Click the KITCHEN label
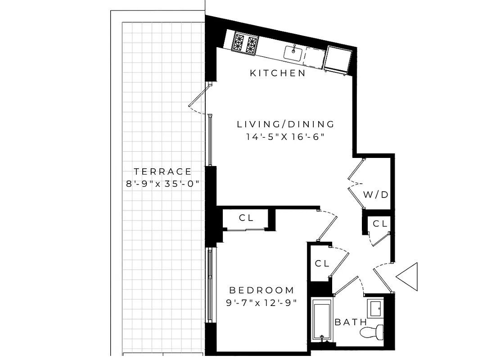[x=278, y=73]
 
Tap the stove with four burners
[x=246, y=43]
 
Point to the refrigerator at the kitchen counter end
[x=338, y=59]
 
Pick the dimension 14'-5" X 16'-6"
[x=285, y=137]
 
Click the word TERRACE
[x=162, y=171]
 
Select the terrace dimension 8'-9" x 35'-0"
[x=162, y=184]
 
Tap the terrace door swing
[x=198, y=100]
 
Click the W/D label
[x=376, y=195]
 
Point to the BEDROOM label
[x=262, y=290]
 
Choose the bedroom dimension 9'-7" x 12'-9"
[x=262, y=302]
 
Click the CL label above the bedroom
[x=246, y=218]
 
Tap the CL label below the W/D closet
[x=380, y=224]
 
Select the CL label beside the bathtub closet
[x=322, y=264]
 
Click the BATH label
[x=351, y=322]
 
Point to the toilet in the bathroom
[x=372, y=332]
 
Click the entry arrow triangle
[x=408, y=276]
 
